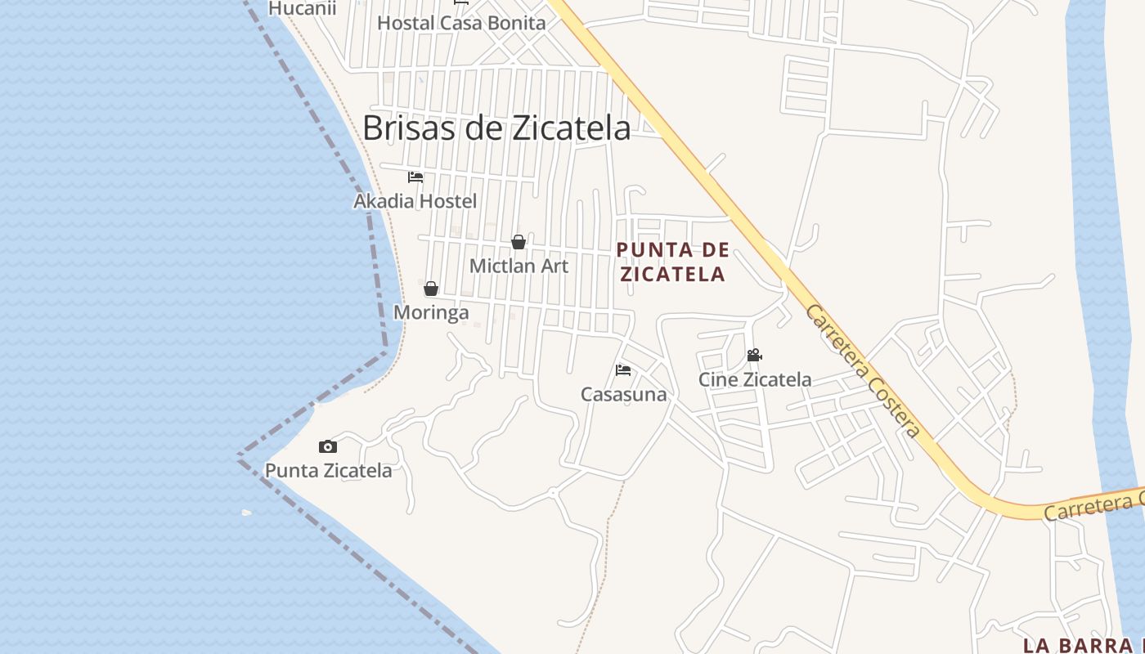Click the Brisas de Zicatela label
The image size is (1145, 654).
496,128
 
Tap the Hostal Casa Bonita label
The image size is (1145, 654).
461,23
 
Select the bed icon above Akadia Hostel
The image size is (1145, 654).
415,177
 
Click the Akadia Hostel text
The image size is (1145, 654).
415,200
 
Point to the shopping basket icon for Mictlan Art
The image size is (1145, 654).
519,242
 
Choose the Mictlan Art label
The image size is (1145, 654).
519,266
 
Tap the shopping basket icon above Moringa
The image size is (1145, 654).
431,289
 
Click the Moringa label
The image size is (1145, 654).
431,312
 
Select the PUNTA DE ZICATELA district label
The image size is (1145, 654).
672,262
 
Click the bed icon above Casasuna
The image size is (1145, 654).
623,370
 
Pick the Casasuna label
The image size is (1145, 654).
623,394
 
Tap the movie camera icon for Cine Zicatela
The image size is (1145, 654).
754,356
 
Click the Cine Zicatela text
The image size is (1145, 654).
754,379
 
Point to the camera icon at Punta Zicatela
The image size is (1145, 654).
328,446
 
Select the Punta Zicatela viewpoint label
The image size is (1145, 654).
328,471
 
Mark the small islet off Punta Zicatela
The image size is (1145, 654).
247,513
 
